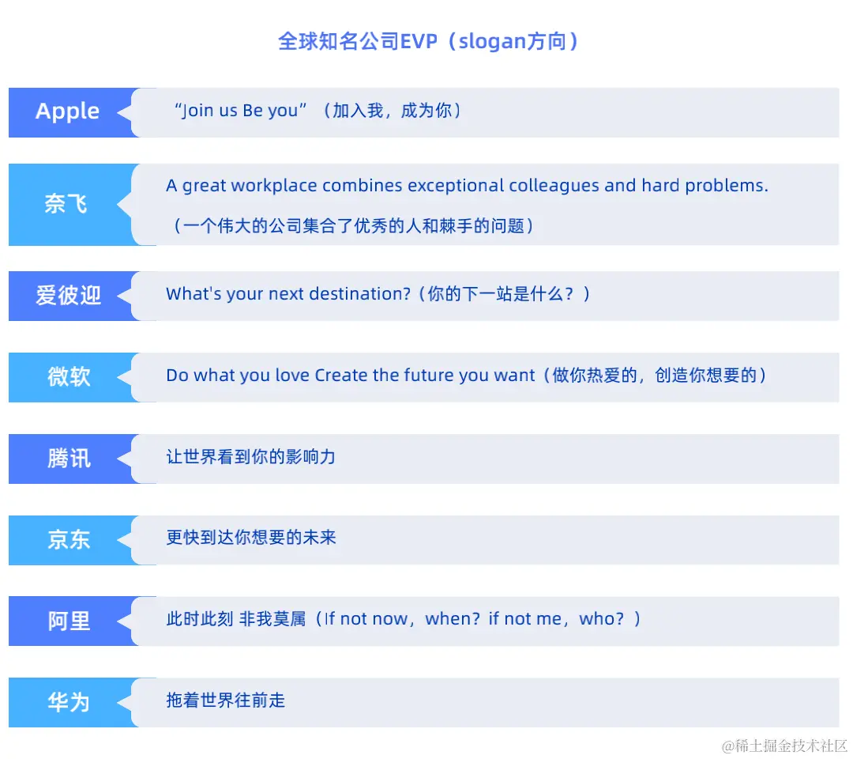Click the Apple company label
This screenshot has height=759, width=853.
pyautogui.click(x=68, y=111)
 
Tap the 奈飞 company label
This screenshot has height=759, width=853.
pyautogui.click(x=66, y=205)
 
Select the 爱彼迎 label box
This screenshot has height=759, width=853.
pyautogui.click(x=69, y=296)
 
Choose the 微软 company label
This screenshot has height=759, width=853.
pyautogui.click(x=69, y=377)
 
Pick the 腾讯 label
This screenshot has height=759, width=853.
pyautogui.click(x=69, y=459)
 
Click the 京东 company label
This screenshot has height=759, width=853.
pyautogui.click(x=69, y=540)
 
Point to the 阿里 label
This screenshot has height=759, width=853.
pyautogui.click(x=69, y=621)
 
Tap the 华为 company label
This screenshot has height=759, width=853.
pyautogui.click(x=69, y=702)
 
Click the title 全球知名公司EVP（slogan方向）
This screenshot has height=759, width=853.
pyautogui.click(x=427, y=41)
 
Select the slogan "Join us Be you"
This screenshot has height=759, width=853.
pyautogui.click(x=240, y=111)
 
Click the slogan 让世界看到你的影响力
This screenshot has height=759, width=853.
pyautogui.click(x=250, y=457)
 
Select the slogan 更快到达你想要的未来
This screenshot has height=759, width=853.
pyautogui.click(x=250, y=538)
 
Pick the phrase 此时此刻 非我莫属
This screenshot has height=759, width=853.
pyautogui.click(x=235, y=619)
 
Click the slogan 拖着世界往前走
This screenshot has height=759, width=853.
pyautogui.click(x=225, y=700)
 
